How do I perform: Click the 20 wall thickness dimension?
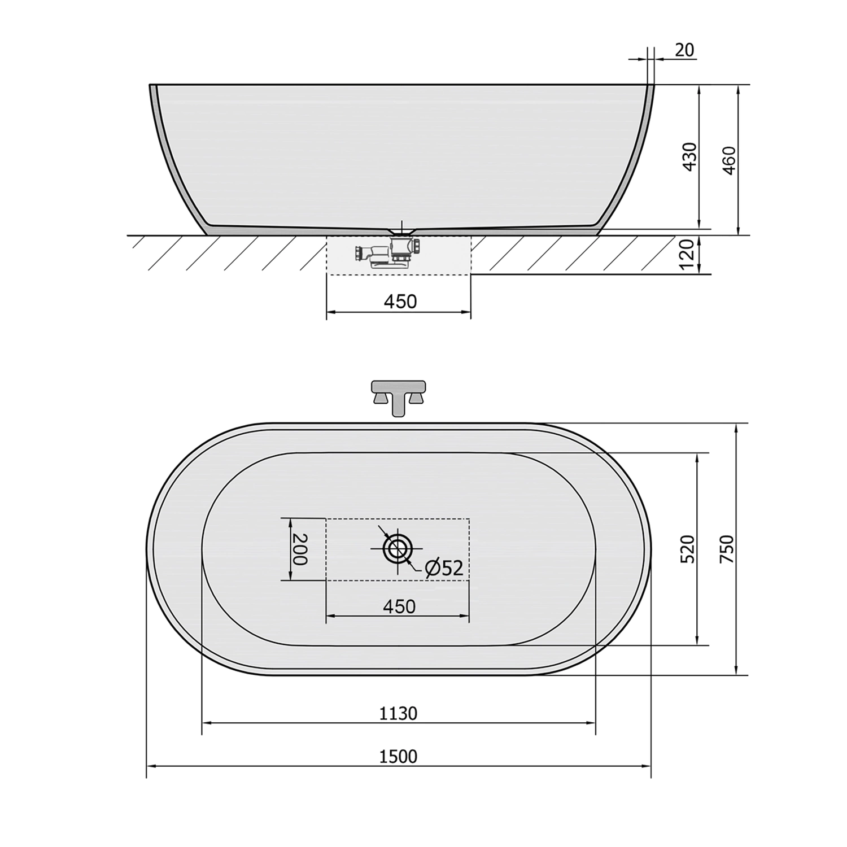pos(684,50)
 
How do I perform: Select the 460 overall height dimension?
pos(730,160)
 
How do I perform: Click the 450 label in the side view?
pos(400,302)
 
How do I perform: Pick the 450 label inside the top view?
pos(399,606)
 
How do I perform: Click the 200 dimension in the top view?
pos(299,549)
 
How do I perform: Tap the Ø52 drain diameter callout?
pos(444,568)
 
